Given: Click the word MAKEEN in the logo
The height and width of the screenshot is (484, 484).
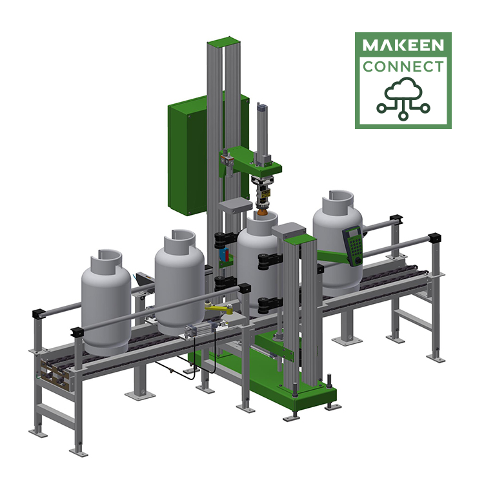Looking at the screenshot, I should coord(403,46).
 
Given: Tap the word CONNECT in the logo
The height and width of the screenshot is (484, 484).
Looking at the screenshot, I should coord(403,66).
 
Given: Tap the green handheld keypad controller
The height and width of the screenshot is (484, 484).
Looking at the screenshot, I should coord(353,245).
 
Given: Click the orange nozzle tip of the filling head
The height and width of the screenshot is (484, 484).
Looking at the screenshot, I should coord(263,211).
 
